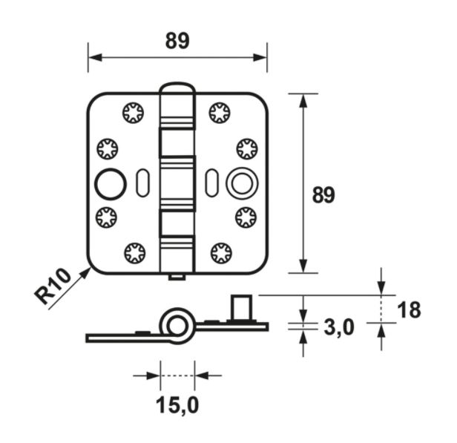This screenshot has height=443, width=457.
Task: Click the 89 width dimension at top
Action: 177,42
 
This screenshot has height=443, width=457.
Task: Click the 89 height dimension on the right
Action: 323,195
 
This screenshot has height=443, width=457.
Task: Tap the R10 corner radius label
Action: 53,286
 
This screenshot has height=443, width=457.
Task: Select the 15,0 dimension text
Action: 177,406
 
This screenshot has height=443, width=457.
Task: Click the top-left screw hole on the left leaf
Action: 134,114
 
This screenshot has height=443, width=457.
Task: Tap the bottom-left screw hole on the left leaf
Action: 134,253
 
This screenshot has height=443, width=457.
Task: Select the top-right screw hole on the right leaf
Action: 220,113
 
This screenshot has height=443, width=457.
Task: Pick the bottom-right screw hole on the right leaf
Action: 220,253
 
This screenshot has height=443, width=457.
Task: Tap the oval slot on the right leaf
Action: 211,183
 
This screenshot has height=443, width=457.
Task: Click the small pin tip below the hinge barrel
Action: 177,278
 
